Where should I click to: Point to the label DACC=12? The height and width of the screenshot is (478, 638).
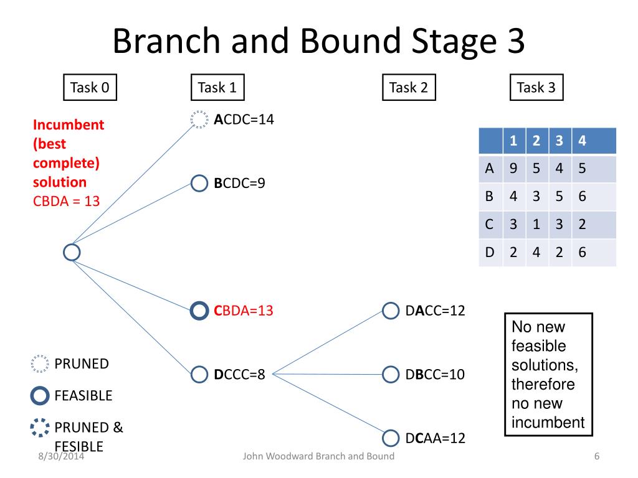tap(435, 311)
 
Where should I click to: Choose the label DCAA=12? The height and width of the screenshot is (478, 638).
tap(435, 438)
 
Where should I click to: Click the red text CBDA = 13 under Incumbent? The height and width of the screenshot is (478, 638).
tap(66, 201)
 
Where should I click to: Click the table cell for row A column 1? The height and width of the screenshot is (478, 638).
tap(513, 168)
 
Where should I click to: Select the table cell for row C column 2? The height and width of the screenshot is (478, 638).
tap(536, 224)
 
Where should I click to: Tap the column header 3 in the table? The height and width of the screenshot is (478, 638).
tap(559, 141)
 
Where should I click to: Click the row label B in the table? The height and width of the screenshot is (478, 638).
tap(490, 196)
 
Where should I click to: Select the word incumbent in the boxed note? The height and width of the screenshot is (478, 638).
tap(548, 423)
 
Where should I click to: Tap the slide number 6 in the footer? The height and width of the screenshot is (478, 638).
tap(597, 456)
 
